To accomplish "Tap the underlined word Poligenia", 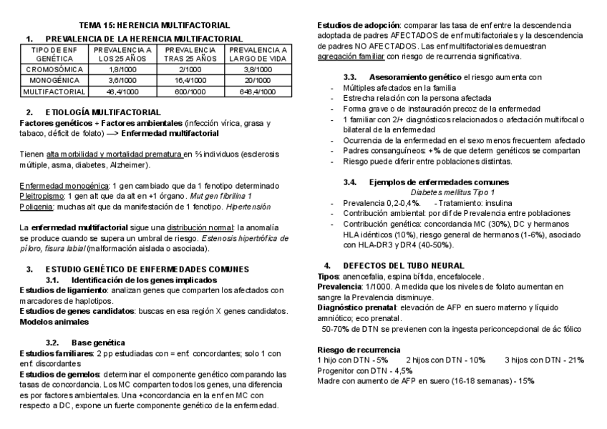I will pyautogui.click(x=36, y=206).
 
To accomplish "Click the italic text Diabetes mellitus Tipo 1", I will pyautogui.click(x=452, y=192).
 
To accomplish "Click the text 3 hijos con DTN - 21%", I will pyautogui.click(x=544, y=359).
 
